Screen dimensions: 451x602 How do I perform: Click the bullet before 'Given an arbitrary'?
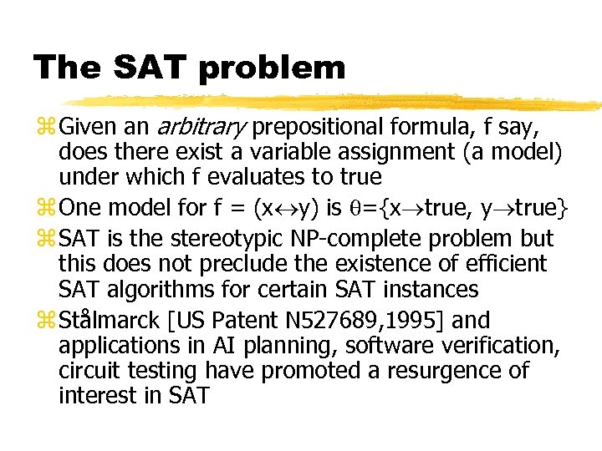(x=44, y=129)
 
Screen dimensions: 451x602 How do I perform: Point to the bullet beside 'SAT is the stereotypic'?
(x=44, y=240)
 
